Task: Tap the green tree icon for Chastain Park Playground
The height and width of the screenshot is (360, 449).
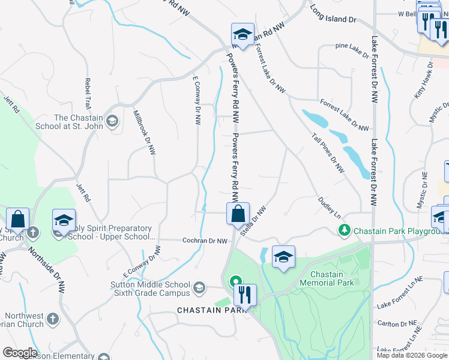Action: pos(345,230)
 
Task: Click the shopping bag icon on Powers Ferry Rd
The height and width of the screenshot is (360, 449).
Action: pos(238,213)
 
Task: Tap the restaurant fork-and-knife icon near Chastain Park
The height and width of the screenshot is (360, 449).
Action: pos(244,294)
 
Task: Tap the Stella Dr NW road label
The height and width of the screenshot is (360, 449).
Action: pos(253,223)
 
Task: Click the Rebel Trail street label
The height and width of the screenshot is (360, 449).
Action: pos(88,94)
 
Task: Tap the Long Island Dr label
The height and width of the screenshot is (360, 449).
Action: pos(334,16)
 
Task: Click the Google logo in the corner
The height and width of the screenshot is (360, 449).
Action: pos(20,353)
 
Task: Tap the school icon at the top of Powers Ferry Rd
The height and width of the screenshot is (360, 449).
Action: pos(243,34)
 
